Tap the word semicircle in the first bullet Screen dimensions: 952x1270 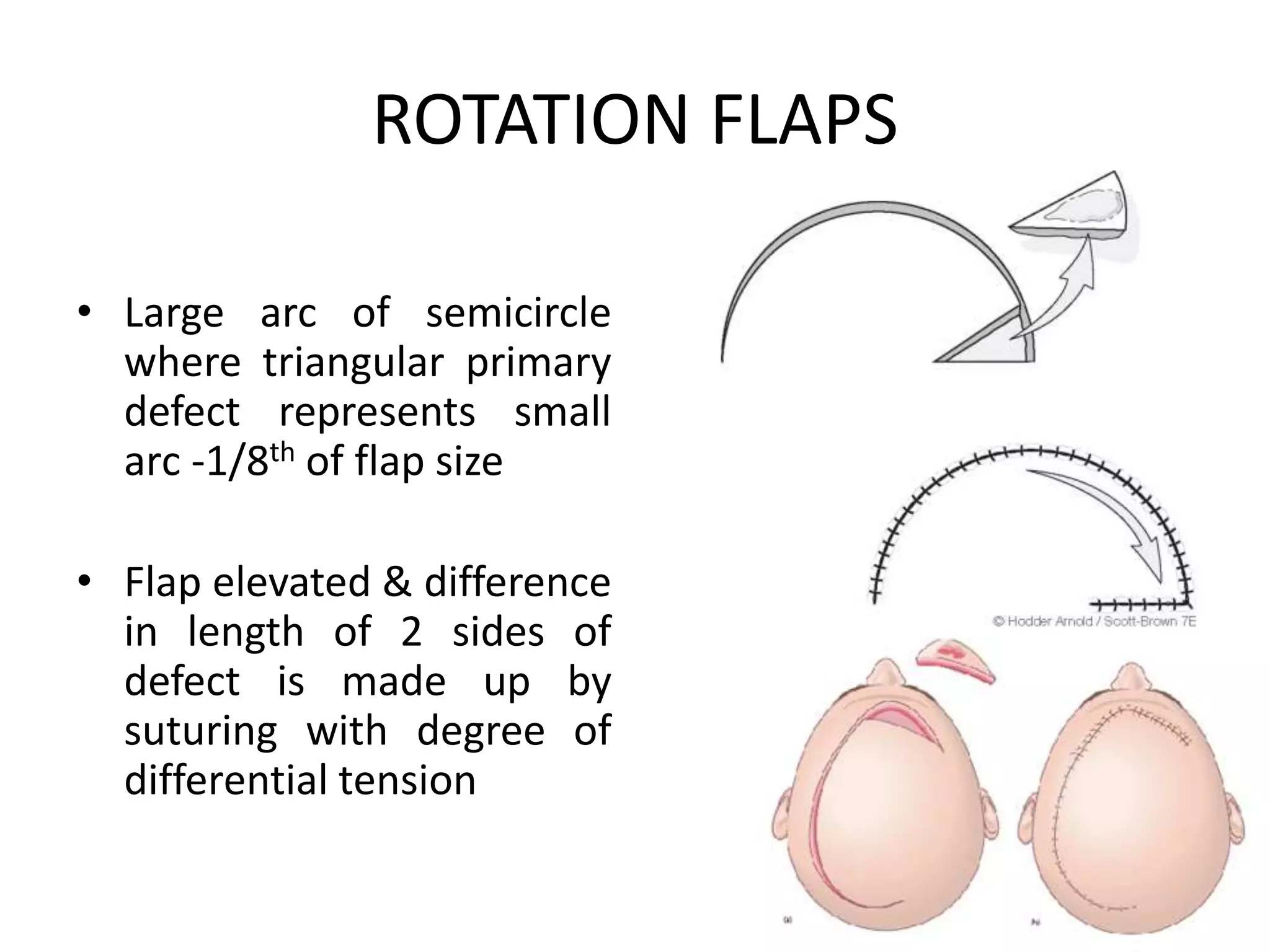(x=518, y=313)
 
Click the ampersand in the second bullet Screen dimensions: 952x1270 (x=397, y=583)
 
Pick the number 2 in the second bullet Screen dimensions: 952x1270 (x=411, y=632)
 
